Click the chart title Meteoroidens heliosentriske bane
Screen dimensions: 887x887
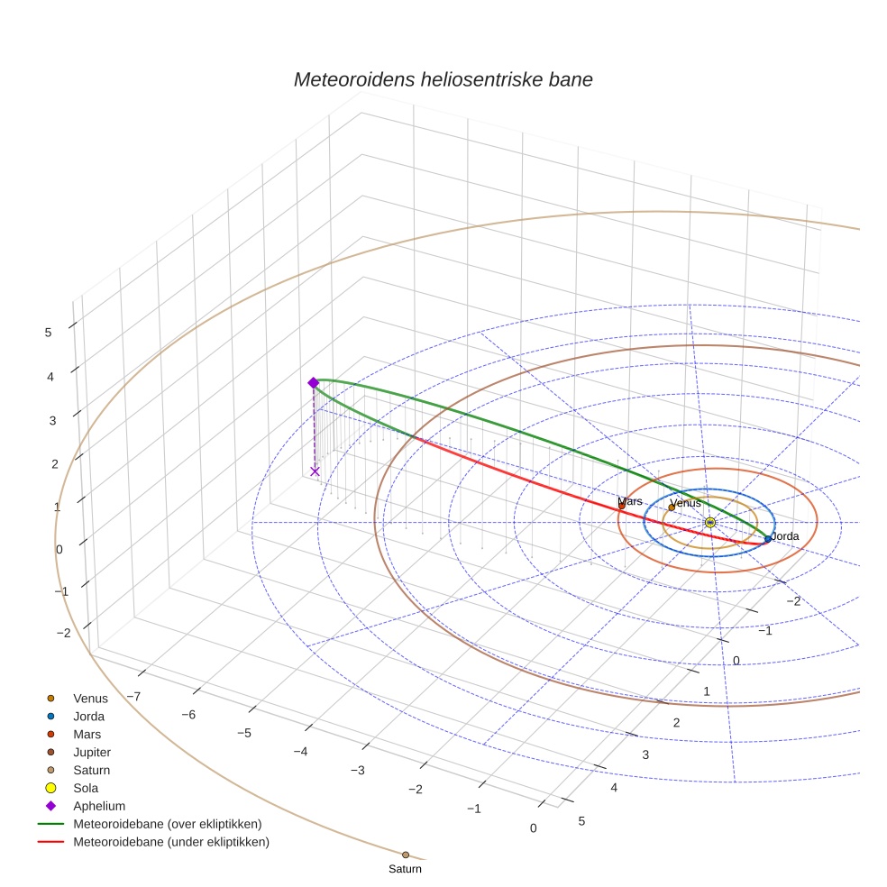point(443,79)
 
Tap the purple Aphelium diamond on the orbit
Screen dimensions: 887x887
point(314,383)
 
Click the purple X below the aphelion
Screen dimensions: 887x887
point(315,471)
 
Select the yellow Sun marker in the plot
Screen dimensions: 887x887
point(710,522)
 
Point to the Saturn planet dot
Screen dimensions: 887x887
point(406,855)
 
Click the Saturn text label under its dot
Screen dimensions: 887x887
point(405,869)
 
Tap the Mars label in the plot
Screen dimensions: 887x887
point(630,501)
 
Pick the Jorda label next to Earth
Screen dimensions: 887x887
point(784,536)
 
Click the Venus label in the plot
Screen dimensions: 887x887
point(686,503)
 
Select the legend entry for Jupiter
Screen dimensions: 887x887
point(92,752)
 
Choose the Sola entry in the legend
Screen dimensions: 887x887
point(86,788)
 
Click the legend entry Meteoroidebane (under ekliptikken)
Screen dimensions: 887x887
point(171,842)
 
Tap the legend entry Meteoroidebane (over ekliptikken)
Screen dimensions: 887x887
point(168,824)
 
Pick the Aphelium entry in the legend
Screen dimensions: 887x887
point(99,806)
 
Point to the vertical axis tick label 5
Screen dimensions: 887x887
point(48,332)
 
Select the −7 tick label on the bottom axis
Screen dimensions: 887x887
point(133,696)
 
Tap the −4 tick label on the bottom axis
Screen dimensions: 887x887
point(300,752)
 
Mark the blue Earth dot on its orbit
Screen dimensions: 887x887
point(768,539)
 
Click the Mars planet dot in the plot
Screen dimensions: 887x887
point(622,506)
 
